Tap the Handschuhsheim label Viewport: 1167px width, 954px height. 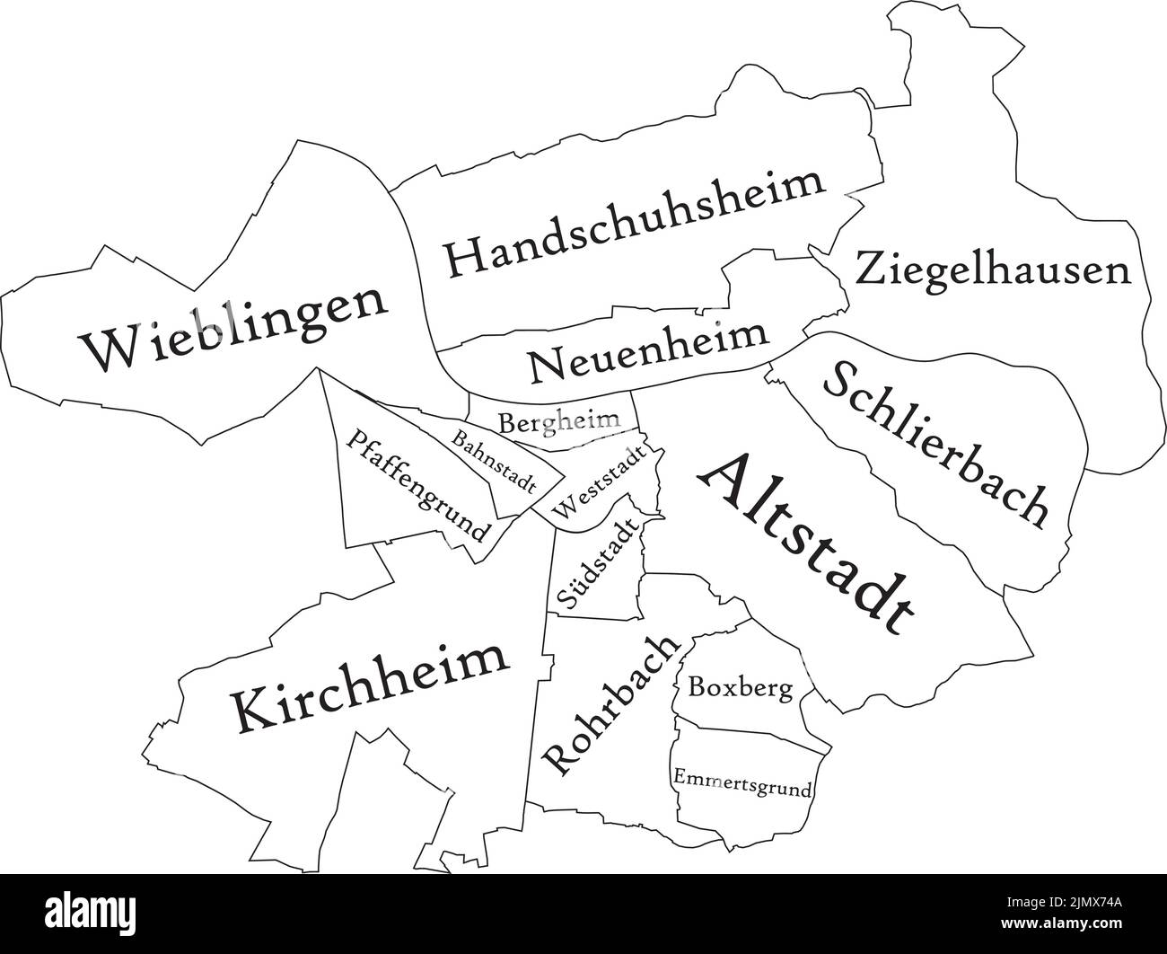pos(635,221)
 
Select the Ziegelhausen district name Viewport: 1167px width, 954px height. pos(992,268)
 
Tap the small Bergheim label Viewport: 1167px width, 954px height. pos(559,420)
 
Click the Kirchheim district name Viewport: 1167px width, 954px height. pos(370,685)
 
